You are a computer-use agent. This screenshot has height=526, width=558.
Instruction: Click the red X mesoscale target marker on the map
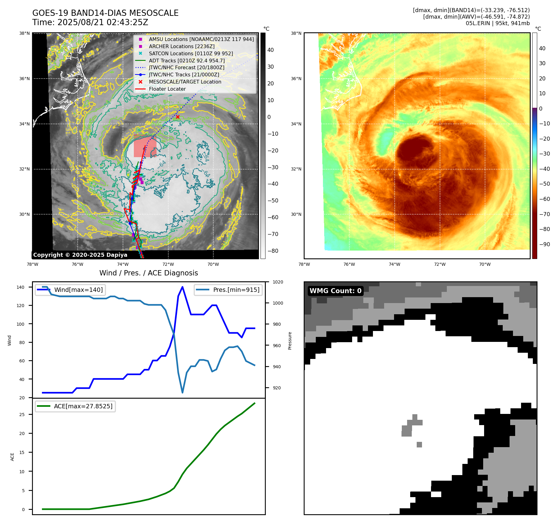pyautogui.click(x=178, y=117)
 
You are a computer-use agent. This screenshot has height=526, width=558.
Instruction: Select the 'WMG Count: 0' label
pyautogui.click(x=335, y=291)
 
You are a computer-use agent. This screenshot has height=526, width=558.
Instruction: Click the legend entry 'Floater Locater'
pyautogui.click(x=167, y=89)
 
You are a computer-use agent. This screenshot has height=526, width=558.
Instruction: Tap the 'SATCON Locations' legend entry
pyautogui.click(x=191, y=53)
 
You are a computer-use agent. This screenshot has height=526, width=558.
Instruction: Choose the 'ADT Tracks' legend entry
pyautogui.click(x=187, y=61)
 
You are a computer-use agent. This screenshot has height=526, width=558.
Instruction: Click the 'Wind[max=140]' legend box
pyautogui.click(x=70, y=290)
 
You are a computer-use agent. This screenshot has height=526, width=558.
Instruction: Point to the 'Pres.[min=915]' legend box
pyautogui.click(x=228, y=290)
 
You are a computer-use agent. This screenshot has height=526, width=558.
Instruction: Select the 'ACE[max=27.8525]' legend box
pyautogui.click(x=75, y=406)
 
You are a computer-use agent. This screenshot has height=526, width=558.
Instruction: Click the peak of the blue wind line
pyautogui.click(x=182, y=287)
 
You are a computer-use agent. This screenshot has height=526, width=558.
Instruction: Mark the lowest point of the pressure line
pyautogui.click(x=182, y=392)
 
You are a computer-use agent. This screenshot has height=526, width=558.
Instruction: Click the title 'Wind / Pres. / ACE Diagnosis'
pyautogui.click(x=148, y=273)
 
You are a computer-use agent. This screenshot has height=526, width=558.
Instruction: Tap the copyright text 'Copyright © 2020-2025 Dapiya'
pyautogui.click(x=80, y=255)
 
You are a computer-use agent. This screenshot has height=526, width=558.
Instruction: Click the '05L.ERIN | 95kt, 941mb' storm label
pyautogui.click(x=497, y=23)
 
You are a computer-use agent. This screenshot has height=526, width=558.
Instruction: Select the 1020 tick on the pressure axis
pyautogui.click(x=278, y=282)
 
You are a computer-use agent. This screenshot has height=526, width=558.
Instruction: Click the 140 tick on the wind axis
pyautogui.click(x=20, y=288)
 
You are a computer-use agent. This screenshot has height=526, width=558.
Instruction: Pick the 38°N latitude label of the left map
pyautogui.click(x=25, y=34)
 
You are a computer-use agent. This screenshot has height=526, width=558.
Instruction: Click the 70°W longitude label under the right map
pyautogui.click(x=485, y=265)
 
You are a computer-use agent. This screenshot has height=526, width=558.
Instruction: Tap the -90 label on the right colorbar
pyautogui.click(x=545, y=244)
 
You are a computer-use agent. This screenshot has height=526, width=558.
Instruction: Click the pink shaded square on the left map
pyautogui.click(x=145, y=146)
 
